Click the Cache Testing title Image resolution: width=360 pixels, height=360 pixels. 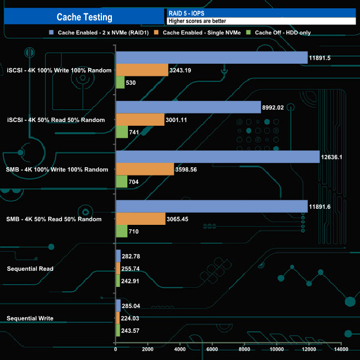coord(84,17)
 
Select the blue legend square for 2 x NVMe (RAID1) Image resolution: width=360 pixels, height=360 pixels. coord(52,33)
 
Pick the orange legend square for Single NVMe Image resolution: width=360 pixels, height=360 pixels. coord(157,33)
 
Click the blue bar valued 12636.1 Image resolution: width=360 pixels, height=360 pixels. coord(217,157)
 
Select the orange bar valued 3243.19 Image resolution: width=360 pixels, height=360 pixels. coord(142,70)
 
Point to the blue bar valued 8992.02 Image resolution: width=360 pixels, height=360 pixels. coord(188,107)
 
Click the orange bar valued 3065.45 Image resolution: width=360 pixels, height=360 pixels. coord(140,219)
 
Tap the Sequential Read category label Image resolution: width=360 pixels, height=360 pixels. coord(30,269)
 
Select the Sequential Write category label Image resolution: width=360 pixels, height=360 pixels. coord(30,318)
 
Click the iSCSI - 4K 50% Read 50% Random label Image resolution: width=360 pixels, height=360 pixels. coord(56,120)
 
